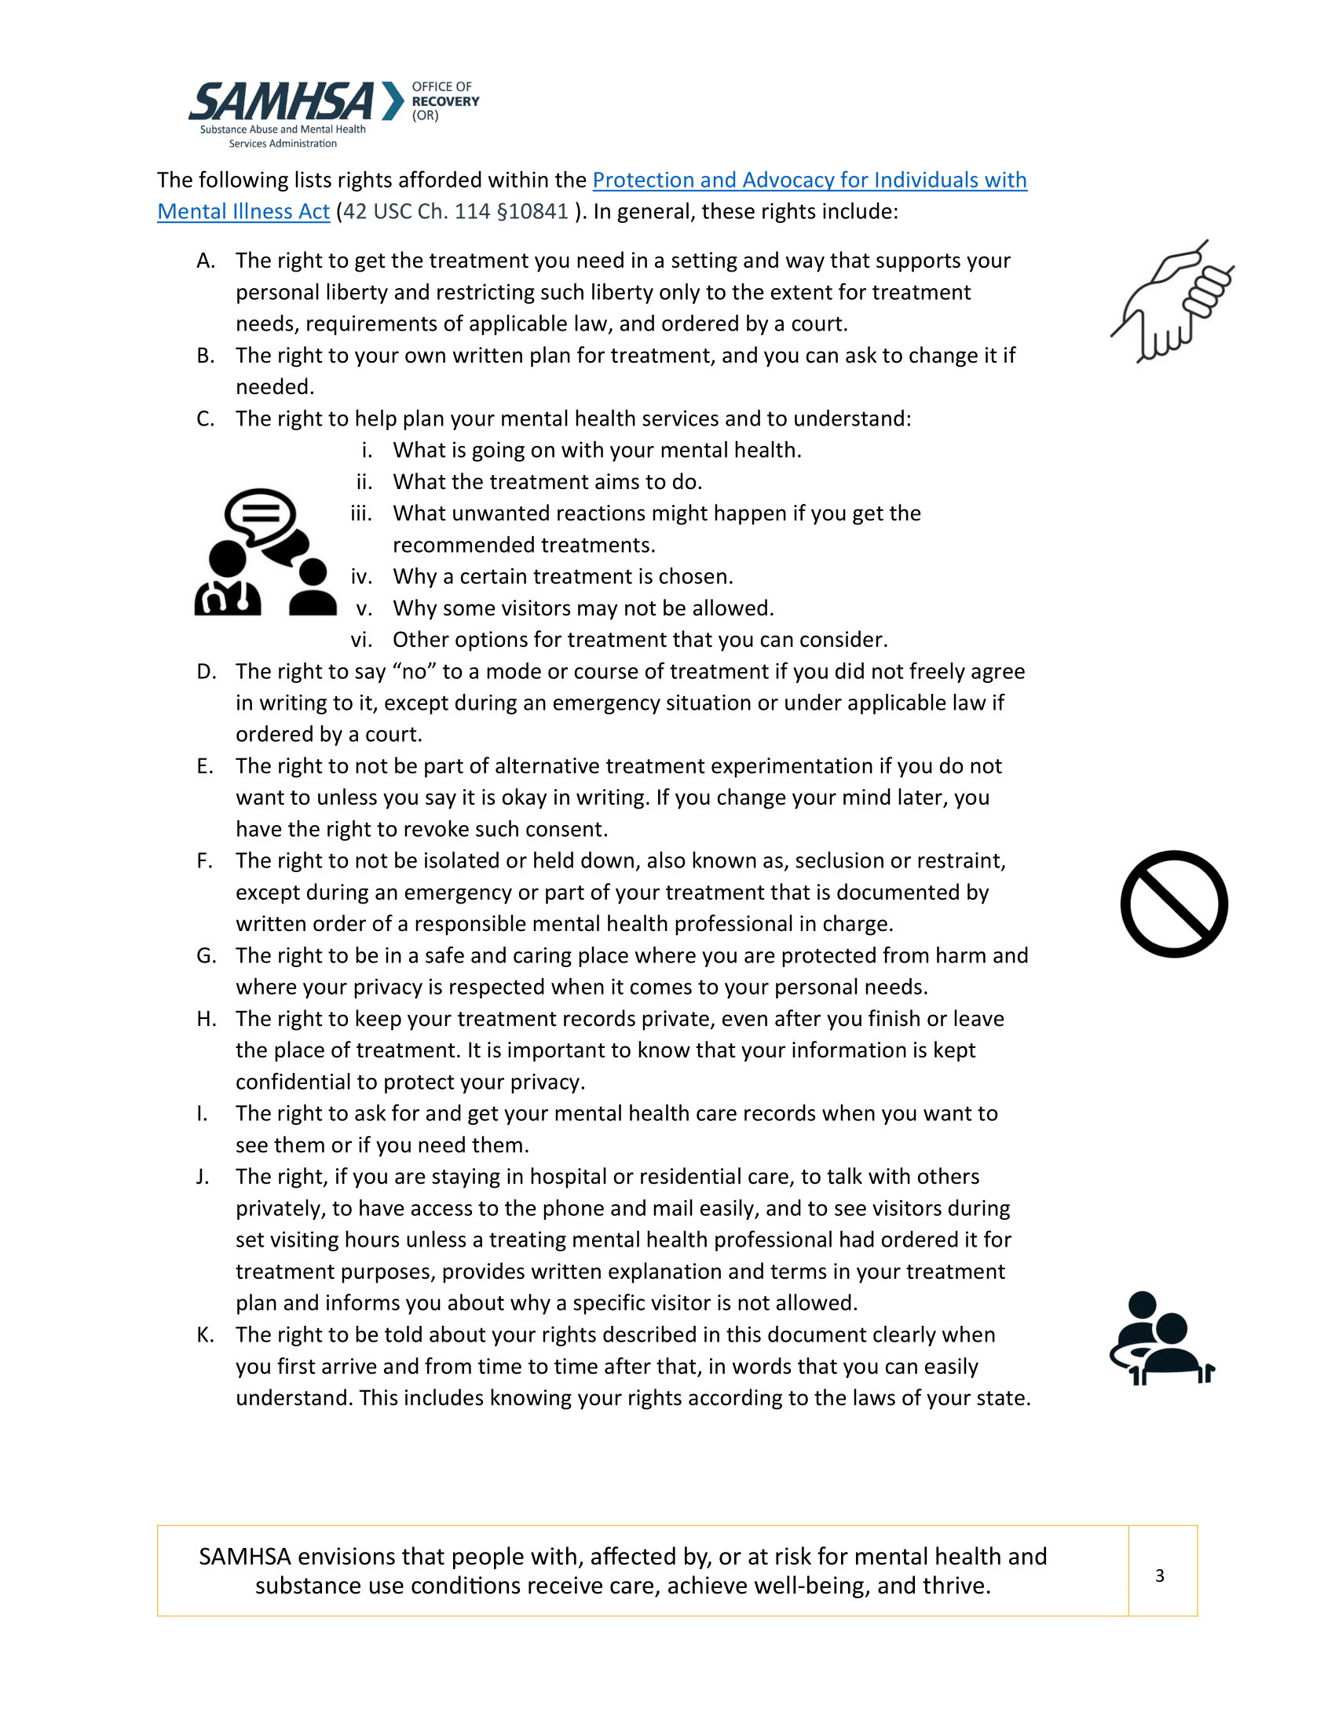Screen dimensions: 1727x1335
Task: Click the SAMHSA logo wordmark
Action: pyautogui.click(x=281, y=103)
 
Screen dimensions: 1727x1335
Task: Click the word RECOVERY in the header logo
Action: pyautogui.click(x=445, y=101)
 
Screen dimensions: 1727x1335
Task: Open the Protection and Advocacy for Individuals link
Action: pyautogui.click(x=809, y=181)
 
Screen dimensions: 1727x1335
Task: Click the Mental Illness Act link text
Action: pyautogui.click(x=243, y=212)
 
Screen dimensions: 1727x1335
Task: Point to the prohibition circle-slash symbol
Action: pyautogui.click(x=1174, y=904)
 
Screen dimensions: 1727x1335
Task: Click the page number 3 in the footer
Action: pyautogui.click(x=1159, y=1575)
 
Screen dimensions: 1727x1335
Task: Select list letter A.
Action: pyautogui.click(x=206, y=261)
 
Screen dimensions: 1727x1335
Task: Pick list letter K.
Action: pyautogui.click(x=205, y=1334)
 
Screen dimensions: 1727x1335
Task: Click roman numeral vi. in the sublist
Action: pyautogui.click(x=361, y=640)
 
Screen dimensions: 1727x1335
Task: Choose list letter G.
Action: pyautogui.click(x=206, y=955)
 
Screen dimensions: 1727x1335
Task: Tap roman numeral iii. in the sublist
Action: pyautogui.click(x=361, y=513)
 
